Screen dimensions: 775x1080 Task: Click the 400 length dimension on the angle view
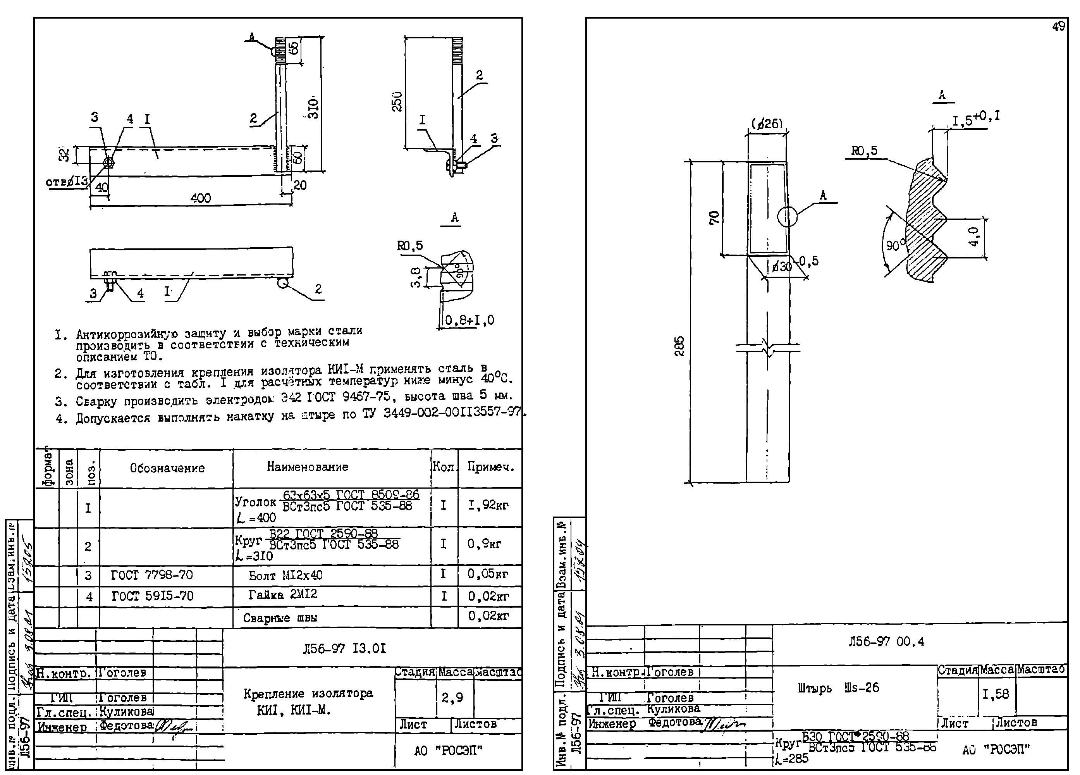click(201, 198)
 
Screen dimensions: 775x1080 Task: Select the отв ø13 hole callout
click(67, 181)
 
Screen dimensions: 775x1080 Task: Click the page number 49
click(1058, 27)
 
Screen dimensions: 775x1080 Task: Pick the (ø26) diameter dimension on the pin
click(767, 124)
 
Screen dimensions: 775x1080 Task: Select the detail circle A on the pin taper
click(787, 217)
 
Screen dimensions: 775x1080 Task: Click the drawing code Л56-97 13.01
click(344, 648)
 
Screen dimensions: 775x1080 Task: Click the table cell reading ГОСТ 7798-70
click(152, 575)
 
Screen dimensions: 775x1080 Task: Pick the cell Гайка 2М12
click(283, 595)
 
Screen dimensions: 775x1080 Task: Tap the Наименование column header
click(307, 467)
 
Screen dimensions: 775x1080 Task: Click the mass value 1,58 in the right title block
click(996, 694)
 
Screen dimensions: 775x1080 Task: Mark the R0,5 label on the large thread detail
click(864, 152)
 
